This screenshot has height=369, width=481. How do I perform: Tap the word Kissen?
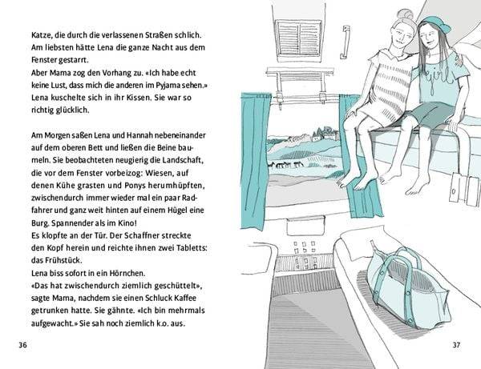[x=123, y=97]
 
